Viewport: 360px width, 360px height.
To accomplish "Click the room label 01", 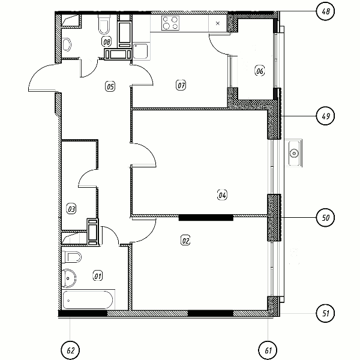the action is (98, 276).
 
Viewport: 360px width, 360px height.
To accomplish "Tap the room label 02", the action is (185, 241).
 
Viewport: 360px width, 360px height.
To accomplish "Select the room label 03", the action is (71, 209).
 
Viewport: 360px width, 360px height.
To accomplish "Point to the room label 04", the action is (222, 195).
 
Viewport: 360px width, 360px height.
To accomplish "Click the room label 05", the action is (110, 86).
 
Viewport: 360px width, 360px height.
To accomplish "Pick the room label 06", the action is (260, 70).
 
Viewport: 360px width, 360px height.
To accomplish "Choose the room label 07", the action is (181, 85).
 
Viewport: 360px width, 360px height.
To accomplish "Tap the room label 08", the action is (107, 42).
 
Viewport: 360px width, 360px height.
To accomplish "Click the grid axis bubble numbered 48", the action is (325, 11).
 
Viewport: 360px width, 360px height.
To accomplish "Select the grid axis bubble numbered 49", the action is (325, 116).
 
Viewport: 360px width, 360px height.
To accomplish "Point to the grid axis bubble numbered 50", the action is (325, 217).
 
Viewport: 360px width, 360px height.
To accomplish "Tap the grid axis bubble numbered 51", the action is (325, 313).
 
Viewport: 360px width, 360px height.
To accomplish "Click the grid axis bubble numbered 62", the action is (70, 350).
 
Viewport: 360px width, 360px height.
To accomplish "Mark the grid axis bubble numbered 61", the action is (268, 350).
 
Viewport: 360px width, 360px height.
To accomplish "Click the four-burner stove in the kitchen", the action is (170, 23).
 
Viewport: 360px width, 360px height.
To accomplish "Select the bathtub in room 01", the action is (88, 300).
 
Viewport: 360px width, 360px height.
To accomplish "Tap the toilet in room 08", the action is (104, 25).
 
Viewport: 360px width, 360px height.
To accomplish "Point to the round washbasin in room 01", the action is (68, 278).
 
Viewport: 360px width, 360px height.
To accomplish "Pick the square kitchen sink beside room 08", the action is (140, 51).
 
